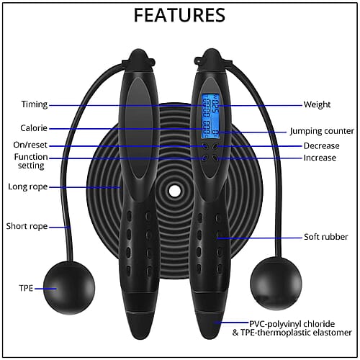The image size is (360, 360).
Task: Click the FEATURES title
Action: [x=179, y=15]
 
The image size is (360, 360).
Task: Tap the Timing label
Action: [x=35, y=104]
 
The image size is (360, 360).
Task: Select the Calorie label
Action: [x=34, y=128]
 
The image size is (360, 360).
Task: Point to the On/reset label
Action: [x=30, y=145]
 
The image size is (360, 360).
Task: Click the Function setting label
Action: [x=31, y=161]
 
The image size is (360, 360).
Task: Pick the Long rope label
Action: [x=28, y=186]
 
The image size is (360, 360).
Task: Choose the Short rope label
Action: [x=27, y=226]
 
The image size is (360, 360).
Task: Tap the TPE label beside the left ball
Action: [x=26, y=288]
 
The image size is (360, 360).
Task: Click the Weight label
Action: [x=317, y=104]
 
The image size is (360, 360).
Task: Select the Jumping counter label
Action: [x=322, y=131]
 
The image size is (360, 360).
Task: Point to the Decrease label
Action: [x=322, y=146]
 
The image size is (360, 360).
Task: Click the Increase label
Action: [x=320, y=158]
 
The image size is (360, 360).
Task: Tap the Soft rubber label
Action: [x=326, y=237]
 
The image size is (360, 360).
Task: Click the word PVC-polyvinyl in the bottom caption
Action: [x=275, y=324]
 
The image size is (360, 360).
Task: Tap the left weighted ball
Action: [x=69, y=288]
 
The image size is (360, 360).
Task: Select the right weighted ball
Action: [x=276, y=284]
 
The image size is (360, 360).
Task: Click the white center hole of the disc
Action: [x=175, y=191]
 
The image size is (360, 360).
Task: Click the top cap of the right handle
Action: [x=211, y=60]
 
